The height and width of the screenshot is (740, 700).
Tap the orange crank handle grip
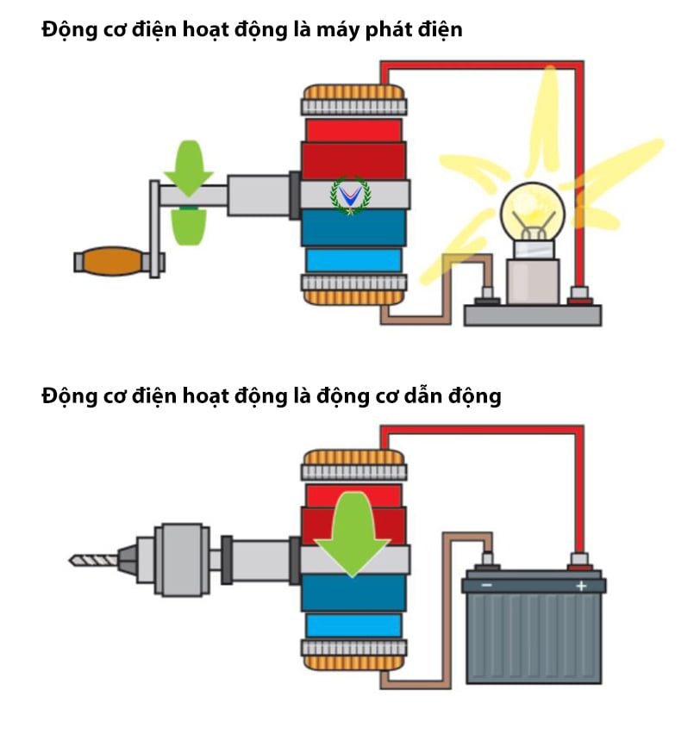click(109, 260)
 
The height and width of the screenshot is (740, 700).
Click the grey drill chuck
click(181, 560)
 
